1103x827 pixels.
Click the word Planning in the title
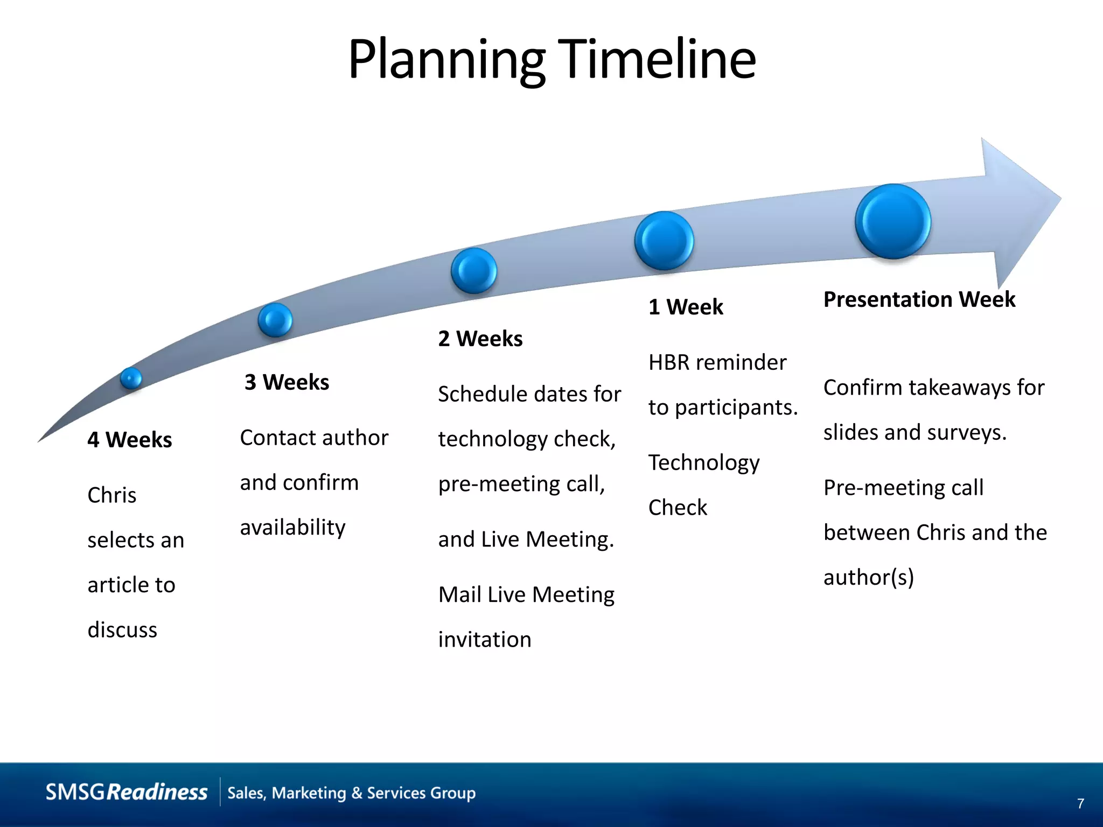point(446,60)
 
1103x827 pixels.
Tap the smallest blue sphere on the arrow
point(131,378)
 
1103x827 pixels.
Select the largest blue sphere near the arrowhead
point(892,221)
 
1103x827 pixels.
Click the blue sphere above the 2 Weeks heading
point(473,270)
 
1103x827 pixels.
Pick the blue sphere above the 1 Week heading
point(664,241)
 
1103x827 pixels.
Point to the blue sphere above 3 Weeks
point(275,320)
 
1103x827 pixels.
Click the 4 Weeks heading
point(129,440)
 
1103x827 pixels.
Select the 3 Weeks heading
point(287,382)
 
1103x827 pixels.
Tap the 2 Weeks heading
point(480,339)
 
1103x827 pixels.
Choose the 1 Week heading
point(685,307)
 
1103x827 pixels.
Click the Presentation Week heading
point(919,299)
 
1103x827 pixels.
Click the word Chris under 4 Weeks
point(112,495)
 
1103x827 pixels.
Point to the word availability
point(292,528)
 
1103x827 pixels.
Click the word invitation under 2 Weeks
point(484,640)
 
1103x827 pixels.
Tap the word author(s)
point(868,577)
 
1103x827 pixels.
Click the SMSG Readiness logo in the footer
point(127,793)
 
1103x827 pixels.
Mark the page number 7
point(1080,804)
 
